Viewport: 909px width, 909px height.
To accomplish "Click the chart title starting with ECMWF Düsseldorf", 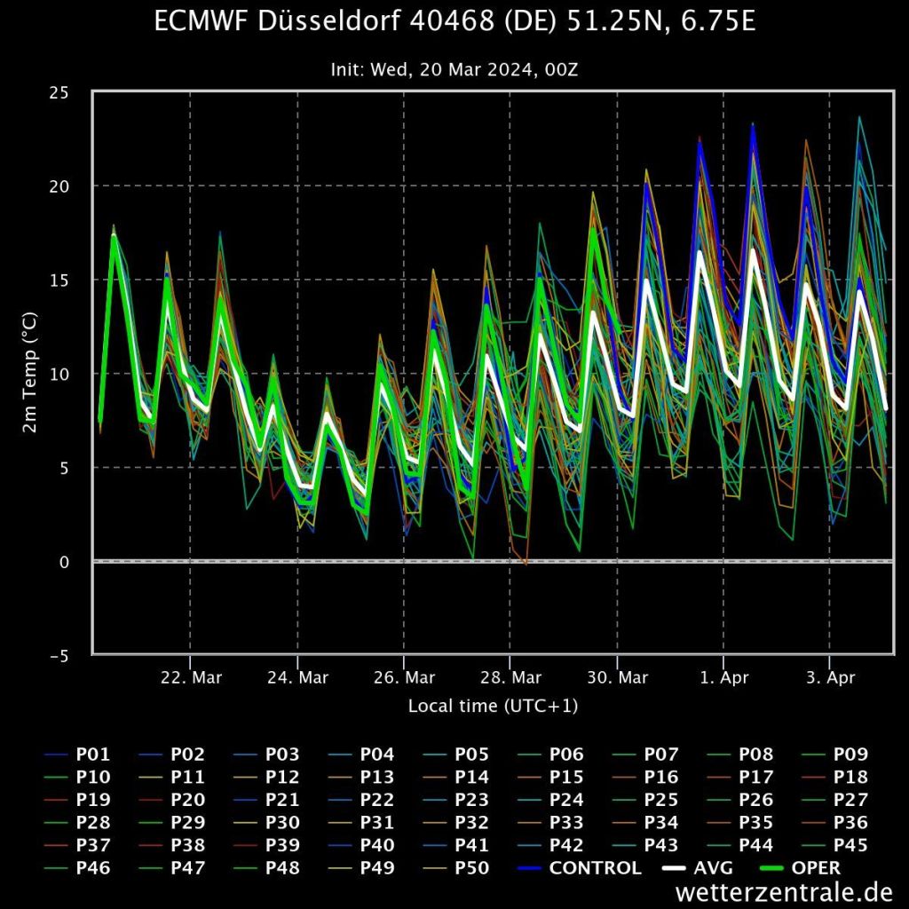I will (x=454, y=21).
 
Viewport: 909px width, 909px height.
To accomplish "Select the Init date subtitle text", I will (x=454, y=69).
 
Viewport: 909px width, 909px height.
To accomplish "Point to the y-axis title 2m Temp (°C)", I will (x=29, y=374).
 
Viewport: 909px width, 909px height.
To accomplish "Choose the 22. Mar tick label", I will (x=191, y=678).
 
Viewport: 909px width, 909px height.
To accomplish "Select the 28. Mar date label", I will (x=510, y=678).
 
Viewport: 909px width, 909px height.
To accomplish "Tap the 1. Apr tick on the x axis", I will (x=723, y=678).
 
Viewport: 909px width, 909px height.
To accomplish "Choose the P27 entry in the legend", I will (x=851, y=800).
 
